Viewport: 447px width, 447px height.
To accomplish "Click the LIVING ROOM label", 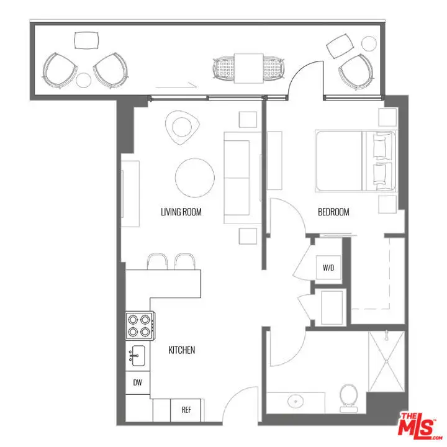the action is tap(181, 212).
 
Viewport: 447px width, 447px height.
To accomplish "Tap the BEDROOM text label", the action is tap(333, 212).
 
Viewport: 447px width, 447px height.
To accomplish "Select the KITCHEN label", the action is tap(181, 350).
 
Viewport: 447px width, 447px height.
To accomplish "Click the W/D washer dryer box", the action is tap(328, 268).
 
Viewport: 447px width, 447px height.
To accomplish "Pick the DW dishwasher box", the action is tap(138, 382).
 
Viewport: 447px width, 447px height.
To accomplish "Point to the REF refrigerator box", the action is tap(186, 410).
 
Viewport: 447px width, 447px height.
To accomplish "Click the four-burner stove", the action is tap(140, 325).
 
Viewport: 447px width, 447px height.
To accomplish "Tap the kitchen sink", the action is tap(137, 356).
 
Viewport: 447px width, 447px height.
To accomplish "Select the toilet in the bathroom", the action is tap(349, 398).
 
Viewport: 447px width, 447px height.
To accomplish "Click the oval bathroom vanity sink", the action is tap(296, 402).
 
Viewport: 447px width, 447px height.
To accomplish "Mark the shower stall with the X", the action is tap(387, 361).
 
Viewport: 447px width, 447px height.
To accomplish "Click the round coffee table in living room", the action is tap(195, 178).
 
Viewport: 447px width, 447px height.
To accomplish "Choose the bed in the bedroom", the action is tap(356, 161).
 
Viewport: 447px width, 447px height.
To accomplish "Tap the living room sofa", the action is tap(242, 178).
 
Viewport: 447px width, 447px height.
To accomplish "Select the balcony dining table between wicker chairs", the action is tap(248, 68).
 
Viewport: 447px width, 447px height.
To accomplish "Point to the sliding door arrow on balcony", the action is tap(176, 85).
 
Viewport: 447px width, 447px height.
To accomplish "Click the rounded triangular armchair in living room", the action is tap(182, 127).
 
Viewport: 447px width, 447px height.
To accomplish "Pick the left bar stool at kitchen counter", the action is tap(157, 261).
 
